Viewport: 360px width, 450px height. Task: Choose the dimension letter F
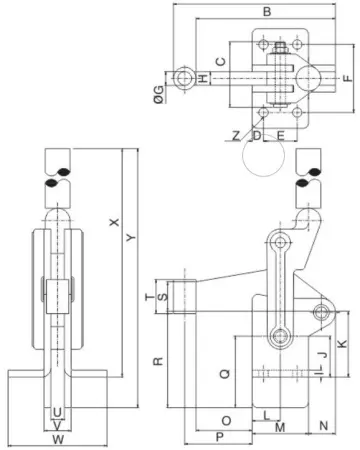coord(347,76)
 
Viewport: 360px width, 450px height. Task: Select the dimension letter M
coord(280,427)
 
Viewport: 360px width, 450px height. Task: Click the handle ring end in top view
coord(183,78)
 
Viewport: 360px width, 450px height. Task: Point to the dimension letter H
coord(202,78)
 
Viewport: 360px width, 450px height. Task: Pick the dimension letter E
coord(281,134)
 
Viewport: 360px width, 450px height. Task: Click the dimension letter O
coord(224,420)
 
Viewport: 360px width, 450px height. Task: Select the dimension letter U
coord(57,411)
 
